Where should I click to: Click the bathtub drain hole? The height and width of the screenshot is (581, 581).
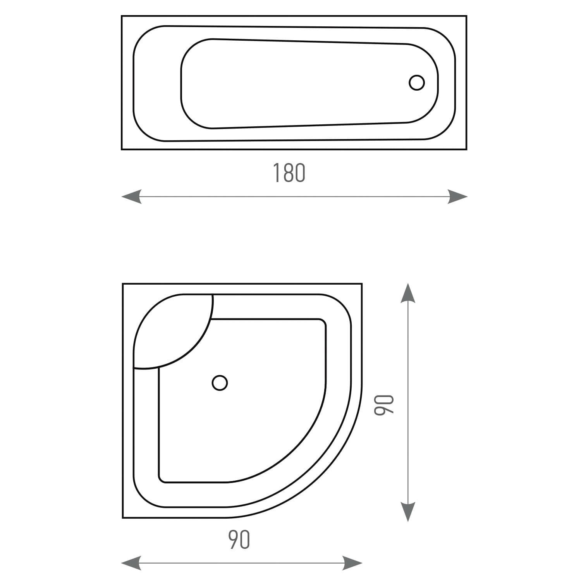pos(417,83)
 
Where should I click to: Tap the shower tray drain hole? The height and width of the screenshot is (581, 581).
pos(220,383)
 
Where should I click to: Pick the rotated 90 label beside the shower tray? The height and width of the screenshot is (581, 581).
pos(384,405)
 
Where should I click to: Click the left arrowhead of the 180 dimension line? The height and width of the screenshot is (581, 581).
pos(131,197)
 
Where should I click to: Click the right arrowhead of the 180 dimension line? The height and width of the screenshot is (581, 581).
pos(457,197)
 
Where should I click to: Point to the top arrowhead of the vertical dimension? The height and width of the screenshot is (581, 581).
pos(408,293)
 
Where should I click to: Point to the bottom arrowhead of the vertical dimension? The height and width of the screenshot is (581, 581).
pos(408,512)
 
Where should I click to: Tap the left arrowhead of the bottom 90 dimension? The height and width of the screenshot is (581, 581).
pos(131,563)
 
